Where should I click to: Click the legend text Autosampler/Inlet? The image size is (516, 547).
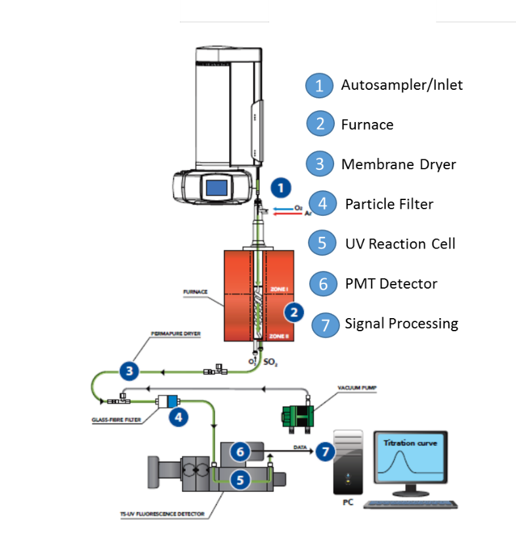402,85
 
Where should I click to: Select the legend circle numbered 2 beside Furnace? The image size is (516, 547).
320,124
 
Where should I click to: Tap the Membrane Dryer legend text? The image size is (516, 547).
398,164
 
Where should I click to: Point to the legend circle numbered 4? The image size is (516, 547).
322,204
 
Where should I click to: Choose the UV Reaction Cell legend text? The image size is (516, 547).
400,244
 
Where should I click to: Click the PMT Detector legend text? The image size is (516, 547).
391,284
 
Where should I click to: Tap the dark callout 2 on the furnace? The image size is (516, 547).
295,312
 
